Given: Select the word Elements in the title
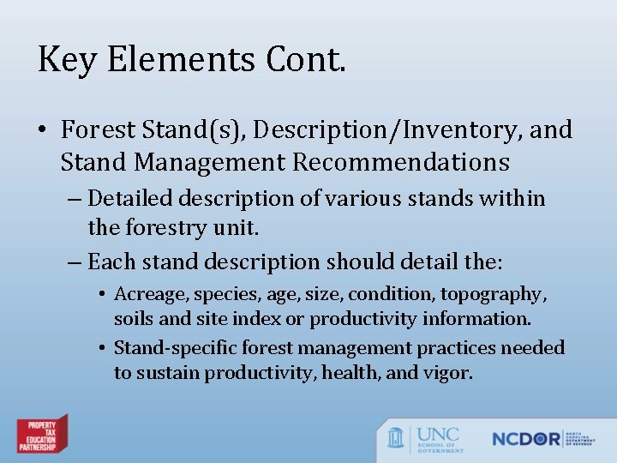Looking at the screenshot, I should pyautogui.click(x=175, y=61).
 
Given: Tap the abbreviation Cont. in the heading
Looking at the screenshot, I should pyautogui.click(x=306, y=61).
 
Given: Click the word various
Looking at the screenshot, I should pyautogui.click(x=377, y=199).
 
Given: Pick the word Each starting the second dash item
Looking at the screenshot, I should pyautogui.click(x=108, y=261).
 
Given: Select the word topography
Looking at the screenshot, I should pyautogui.click(x=493, y=294).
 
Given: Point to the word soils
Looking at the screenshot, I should pyautogui.click(x=134, y=319).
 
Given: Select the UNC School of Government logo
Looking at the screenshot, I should pyautogui.click(x=425, y=438).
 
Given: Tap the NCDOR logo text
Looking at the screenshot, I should pyautogui.click(x=525, y=438).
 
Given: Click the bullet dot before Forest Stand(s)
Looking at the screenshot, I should pyautogui.click(x=44, y=131).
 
